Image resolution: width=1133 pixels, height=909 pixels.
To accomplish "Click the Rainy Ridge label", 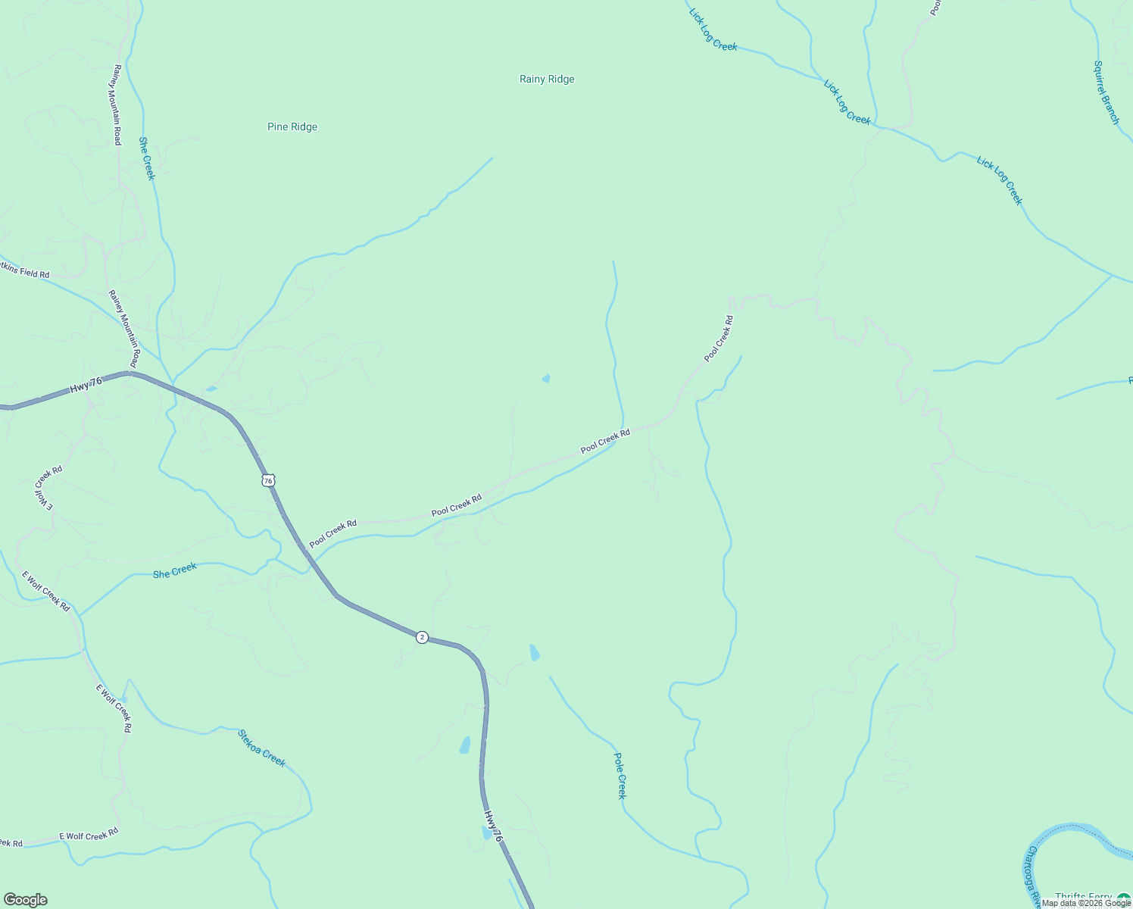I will (x=547, y=79).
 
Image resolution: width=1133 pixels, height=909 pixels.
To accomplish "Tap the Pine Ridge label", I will (x=292, y=127).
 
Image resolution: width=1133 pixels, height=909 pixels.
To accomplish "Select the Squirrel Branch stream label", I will (x=1106, y=92).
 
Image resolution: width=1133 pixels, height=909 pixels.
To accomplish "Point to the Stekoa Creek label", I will (x=262, y=748).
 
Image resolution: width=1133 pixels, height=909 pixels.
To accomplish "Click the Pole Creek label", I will (x=620, y=775).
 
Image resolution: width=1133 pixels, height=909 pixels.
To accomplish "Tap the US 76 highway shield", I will (x=268, y=480).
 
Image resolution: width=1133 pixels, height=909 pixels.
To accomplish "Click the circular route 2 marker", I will (x=422, y=637).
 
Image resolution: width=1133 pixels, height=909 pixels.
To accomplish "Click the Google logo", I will (x=25, y=900).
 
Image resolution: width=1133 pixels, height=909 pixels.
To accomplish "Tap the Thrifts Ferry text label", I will (x=1083, y=898).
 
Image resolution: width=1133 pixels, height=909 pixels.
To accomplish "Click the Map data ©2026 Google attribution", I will (x=1086, y=903).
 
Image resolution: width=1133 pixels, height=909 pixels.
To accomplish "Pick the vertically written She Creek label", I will (x=146, y=158).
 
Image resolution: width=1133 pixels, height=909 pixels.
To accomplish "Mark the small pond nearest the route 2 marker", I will (x=535, y=652).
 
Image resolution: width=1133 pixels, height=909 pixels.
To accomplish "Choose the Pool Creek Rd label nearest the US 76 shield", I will (x=332, y=533).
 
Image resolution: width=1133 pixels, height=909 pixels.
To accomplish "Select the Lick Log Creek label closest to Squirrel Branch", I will (x=999, y=180).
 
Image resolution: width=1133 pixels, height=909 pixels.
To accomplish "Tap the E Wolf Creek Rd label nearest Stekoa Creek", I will (x=114, y=708).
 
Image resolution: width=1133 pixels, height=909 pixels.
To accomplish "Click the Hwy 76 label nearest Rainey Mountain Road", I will (x=86, y=385).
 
